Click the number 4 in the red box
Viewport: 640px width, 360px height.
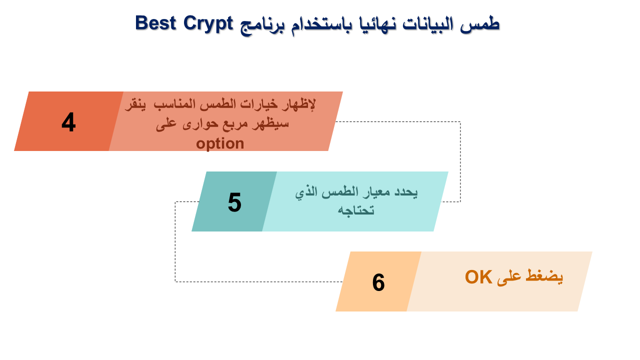click(x=68, y=122)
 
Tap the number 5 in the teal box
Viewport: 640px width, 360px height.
click(x=234, y=202)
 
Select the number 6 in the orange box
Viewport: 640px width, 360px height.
click(x=378, y=282)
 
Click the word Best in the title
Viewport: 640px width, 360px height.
click(x=155, y=23)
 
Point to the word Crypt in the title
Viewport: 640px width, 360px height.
click(x=208, y=24)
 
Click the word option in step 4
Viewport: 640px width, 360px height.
click(x=220, y=143)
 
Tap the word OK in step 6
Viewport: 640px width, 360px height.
click(x=478, y=277)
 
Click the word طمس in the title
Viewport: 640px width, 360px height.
click(x=479, y=24)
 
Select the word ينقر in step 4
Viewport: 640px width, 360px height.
click(x=135, y=104)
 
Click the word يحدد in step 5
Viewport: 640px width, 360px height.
click(x=406, y=192)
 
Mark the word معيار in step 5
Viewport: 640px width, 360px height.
click(x=376, y=192)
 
